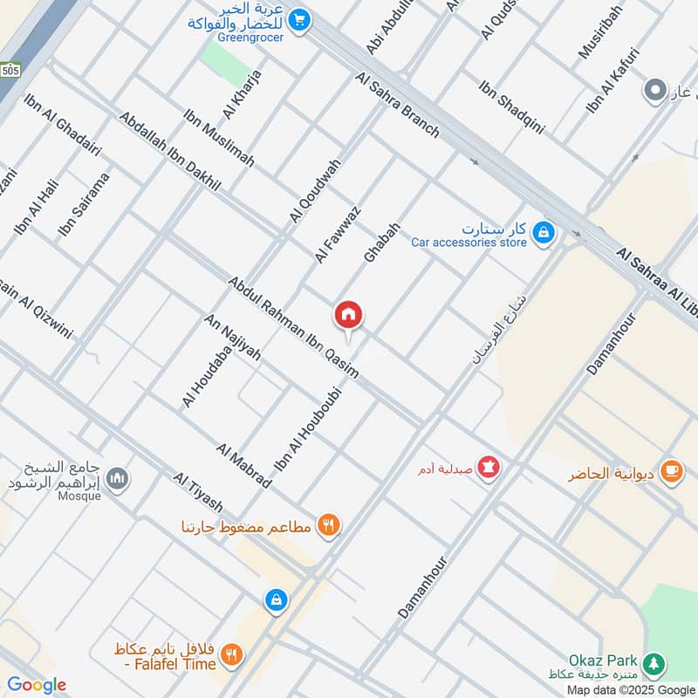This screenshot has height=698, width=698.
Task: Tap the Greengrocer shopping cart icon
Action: click(x=299, y=17)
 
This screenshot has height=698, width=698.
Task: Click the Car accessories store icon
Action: click(x=544, y=232)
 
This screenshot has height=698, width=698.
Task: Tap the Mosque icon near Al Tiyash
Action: click(x=119, y=478)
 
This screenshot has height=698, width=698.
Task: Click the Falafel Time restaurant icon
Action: click(x=231, y=654)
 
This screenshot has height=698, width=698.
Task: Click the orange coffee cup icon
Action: click(x=671, y=469)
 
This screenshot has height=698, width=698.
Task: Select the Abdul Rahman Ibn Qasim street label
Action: click(x=293, y=327)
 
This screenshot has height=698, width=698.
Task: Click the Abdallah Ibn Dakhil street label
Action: click(x=170, y=151)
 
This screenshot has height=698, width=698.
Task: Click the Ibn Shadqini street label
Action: click(x=511, y=106)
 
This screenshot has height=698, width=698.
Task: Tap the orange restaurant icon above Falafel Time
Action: click(x=329, y=525)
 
